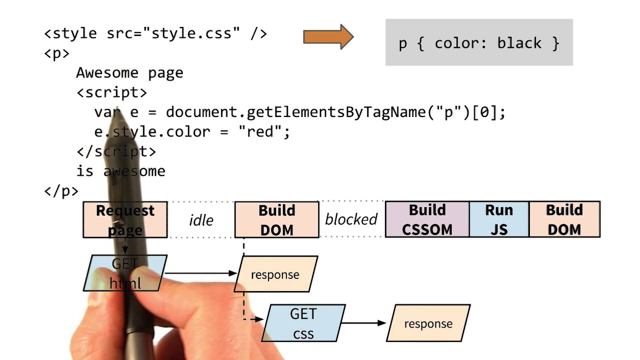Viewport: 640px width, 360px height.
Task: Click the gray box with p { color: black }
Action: pyautogui.click(x=478, y=42)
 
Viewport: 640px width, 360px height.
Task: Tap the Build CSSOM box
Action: pyautogui.click(x=427, y=219)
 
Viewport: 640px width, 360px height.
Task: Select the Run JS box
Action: pyautogui.click(x=498, y=219)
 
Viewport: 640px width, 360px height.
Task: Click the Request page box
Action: pyautogui.click(x=125, y=219)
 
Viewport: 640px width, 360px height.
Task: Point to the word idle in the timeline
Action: pyautogui.click(x=201, y=220)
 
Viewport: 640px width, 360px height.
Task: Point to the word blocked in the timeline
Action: pyautogui.click(x=351, y=219)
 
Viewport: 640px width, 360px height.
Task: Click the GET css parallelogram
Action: pyautogui.click(x=303, y=323)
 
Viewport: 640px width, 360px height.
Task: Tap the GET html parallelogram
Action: pyautogui.click(x=125, y=273)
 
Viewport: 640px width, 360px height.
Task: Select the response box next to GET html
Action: pyautogui.click(x=275, y=274)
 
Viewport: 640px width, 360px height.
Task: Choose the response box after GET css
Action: pyautogui.click(x=428, y=323)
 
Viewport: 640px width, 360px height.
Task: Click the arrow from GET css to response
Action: pyautogui.click(x=364, y=323)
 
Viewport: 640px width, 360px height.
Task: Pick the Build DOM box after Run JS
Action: pyautogui.click(x=564, y=219)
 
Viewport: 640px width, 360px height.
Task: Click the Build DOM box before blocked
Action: pyautogui.click(x=276, y=219)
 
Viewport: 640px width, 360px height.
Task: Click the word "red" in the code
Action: pyautogui.click(x=257, y=132)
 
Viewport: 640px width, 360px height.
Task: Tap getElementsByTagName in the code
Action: pyautogui.click(x=337, y=112)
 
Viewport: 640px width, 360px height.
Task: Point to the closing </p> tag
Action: pyautogui.click(x=61, y=191)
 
